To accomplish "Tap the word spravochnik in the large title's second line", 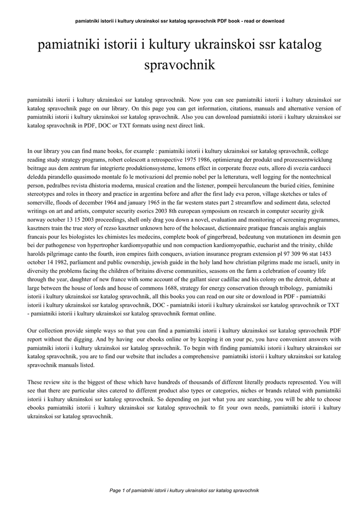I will click(x=179, y=65).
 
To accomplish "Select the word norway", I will click(x=36, y=220).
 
